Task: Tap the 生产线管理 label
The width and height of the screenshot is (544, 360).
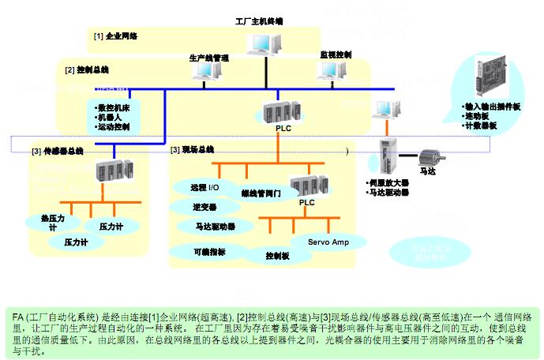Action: (x=208, y=58)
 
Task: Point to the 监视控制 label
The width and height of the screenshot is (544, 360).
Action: (x=335, y=54)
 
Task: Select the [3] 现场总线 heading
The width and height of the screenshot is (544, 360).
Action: (x=192, y=149)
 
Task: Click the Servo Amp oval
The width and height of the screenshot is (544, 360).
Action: (x=328, y=242)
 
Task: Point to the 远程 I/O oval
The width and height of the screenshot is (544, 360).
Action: (x=204, y=189)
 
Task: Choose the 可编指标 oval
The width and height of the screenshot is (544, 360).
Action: (x=208, y=252)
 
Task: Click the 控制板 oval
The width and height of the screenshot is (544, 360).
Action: (x=277, y=256)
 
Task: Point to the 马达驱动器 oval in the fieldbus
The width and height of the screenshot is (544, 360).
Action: (x=216, y=227)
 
